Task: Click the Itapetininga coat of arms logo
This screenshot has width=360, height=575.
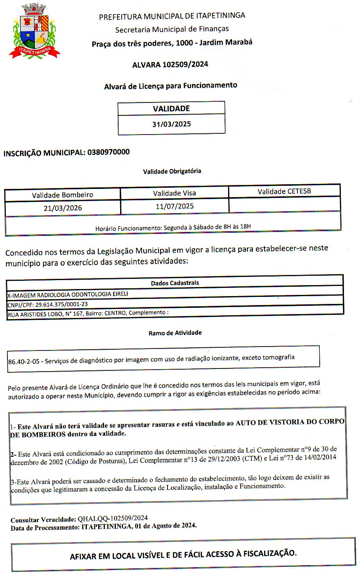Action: pyautogui.click(x=34, y=31)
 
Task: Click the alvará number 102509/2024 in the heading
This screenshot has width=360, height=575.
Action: pyautogui.click(x=185, y=65)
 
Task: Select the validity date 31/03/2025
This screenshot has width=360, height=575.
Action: pyautogui.click(x=171, y=124)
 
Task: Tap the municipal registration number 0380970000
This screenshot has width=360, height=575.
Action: pyautogui.click(x=108, y=152)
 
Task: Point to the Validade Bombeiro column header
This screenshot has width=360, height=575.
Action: pyautogui.click(x=63, y=195)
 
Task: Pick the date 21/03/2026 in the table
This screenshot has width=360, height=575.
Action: pyautogui.click(x=63, y=208)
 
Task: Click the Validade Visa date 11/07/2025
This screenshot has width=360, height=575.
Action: pyautogui.click(x=175, y=206)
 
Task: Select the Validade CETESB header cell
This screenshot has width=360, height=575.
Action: pyautogui.click(x=284, y=191)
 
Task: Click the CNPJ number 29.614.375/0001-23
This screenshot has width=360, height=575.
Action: pyautogui.click(x=61, y=304)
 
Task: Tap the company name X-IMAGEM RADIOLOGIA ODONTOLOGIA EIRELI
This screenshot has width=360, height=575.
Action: pyautogui.click(x=68, y=294)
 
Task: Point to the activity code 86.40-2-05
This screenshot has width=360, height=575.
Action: pyautogui.click(x=24, y=361)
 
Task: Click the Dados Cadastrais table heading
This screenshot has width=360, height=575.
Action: pyautogui.click(x=175, y=283)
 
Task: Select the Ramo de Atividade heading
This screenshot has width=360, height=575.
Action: pyautogui.click(x=175, y=333)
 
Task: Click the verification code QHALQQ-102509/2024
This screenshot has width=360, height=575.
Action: pyautogui.click(x=113, y=519)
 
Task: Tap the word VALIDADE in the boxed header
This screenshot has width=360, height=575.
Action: pyautogui.click(x=171, y=109)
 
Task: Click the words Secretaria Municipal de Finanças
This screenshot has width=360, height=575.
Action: pyautogui.click(x=172, y=29)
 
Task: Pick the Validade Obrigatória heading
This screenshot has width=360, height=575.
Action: pyautogui.click(x=172, y=171)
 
